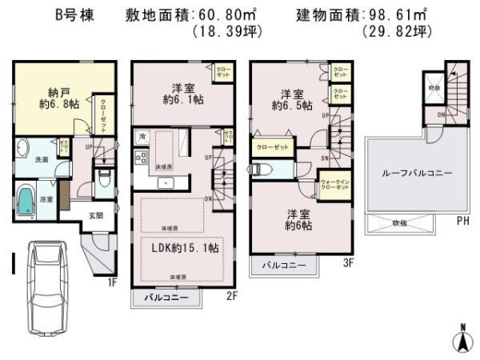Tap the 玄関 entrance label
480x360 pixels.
point(95,214)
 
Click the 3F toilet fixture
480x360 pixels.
point(263,170)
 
